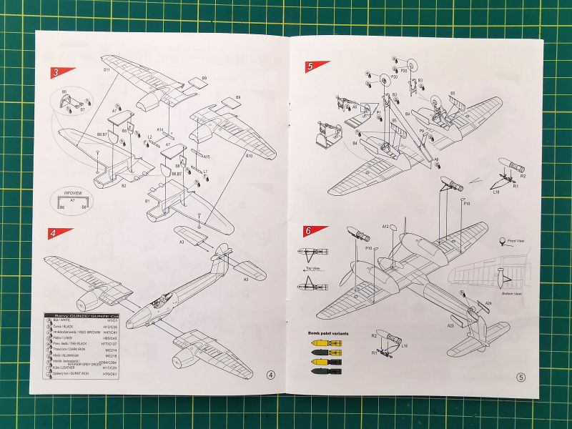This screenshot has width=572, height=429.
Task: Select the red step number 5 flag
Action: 312,66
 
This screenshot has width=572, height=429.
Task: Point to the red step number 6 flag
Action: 308,231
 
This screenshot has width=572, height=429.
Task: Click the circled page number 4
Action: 270,374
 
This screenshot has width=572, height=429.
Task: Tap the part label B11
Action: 106,70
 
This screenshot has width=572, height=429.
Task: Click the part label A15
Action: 207,156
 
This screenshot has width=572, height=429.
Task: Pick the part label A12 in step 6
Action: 385,227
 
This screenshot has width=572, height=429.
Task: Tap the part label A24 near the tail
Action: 488,303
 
